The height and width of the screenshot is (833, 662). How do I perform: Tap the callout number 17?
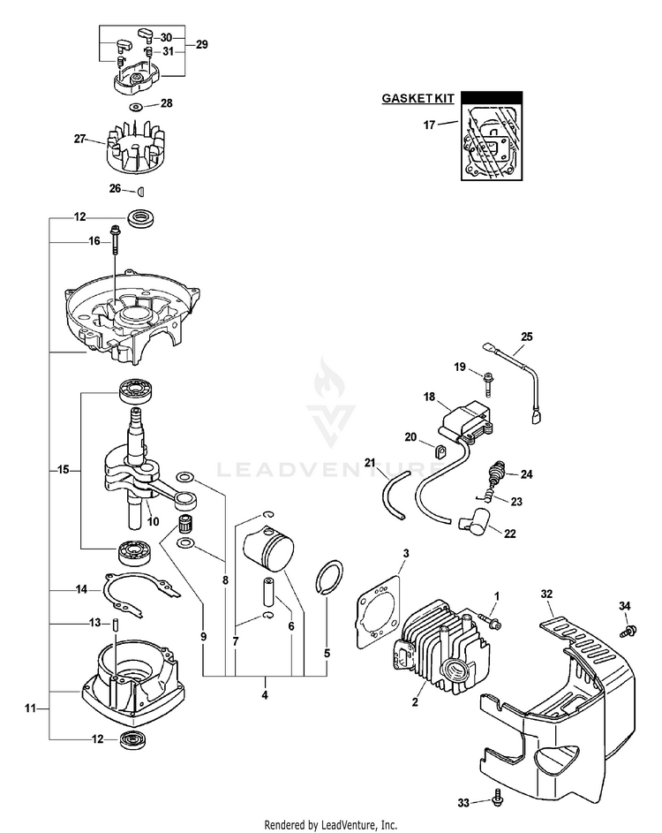point(430,125)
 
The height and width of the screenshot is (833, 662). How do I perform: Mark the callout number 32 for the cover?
point(547,595)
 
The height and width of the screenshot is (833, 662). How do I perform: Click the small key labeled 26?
point(139,189)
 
